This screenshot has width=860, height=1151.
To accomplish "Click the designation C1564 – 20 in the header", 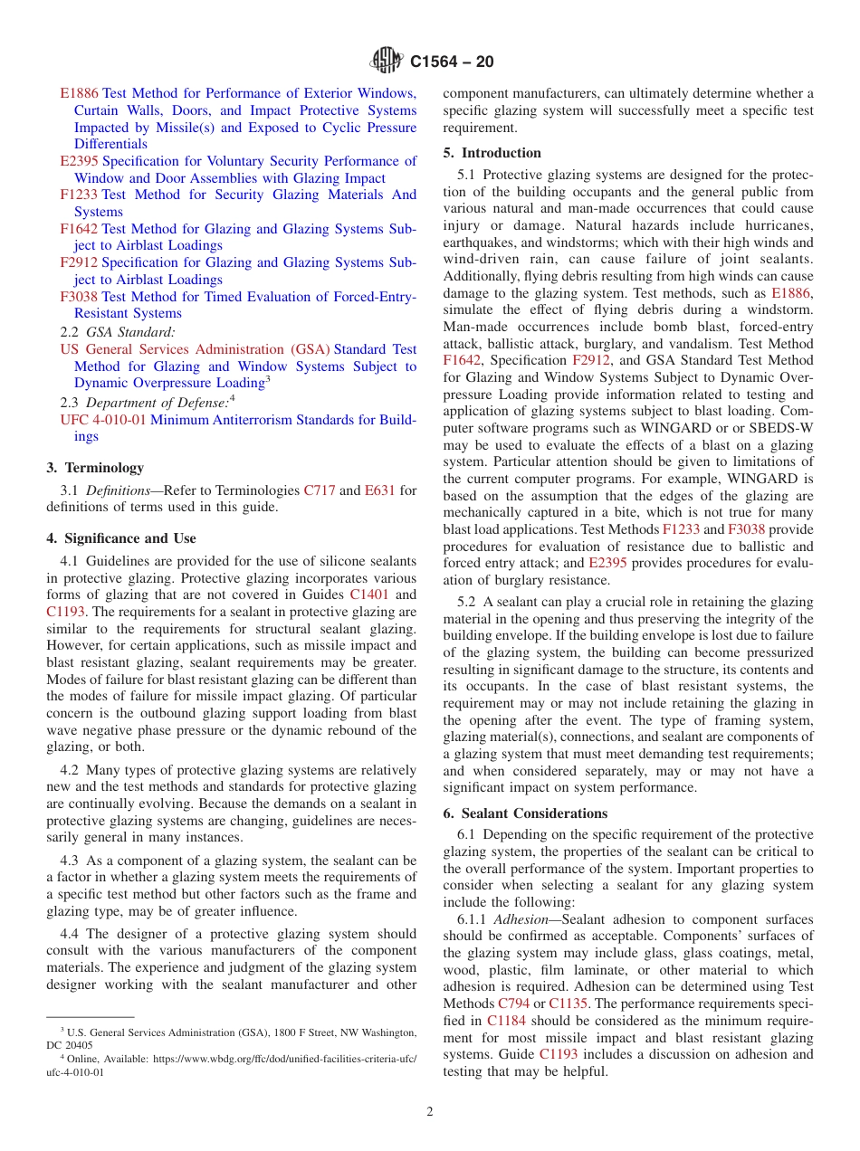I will coord(452,62).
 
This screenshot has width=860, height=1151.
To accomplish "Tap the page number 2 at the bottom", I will coord(430,1112).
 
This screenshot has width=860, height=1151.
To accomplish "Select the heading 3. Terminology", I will coord(95,468).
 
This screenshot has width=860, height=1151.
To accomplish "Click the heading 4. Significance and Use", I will coord(121,538).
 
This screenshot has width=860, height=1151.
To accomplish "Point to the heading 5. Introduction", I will coord(492,153).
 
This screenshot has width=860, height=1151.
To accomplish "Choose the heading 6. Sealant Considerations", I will coord(525,813).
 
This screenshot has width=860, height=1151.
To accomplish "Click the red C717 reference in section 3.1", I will coord(319,490).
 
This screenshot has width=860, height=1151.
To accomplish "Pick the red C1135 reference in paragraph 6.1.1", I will coord(568,1004).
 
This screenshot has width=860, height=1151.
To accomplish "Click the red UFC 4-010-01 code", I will coord(103,420).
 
